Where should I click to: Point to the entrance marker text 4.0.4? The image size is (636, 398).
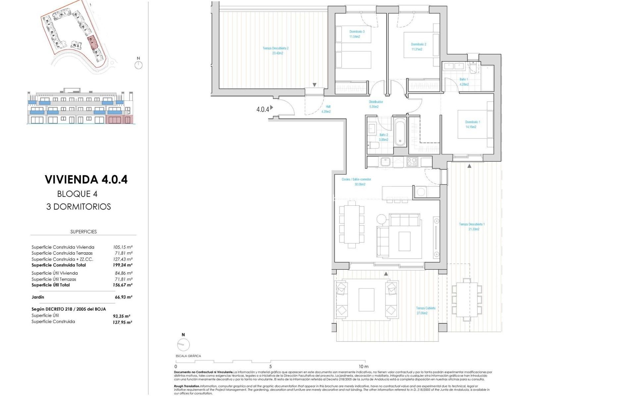click(263, 109)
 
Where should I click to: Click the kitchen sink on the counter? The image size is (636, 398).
click(385, 162)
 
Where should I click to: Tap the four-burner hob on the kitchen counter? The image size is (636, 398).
click(412, 162)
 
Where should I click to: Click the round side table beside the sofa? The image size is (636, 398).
click(381, 219)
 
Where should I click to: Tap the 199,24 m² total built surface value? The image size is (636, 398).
click(123, 265)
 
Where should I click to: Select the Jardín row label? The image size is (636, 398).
click(38, 297)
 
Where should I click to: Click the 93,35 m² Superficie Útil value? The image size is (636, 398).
click(122, 316)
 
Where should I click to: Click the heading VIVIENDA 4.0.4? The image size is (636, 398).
click(86, 179)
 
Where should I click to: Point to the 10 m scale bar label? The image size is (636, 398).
click(363, 366)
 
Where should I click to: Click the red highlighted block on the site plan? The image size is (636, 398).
click(91, 42)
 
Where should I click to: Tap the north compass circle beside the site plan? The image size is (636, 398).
click(138, 65)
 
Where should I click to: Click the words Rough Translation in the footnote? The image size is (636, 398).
click(187, 386)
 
